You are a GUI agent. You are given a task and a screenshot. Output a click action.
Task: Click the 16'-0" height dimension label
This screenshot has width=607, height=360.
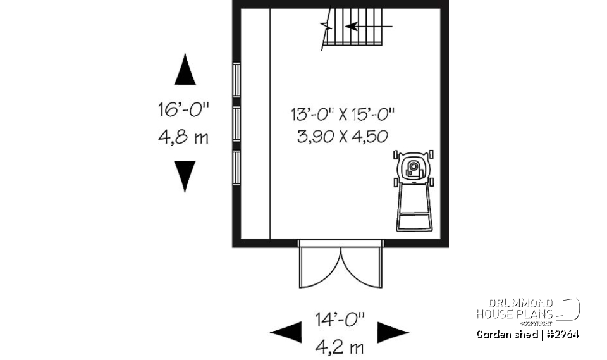[183, 111]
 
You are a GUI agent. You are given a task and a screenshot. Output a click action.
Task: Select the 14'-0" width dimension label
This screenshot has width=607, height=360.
[340, 320]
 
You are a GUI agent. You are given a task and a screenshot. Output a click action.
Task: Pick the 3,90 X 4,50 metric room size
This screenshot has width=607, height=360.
[342, 136]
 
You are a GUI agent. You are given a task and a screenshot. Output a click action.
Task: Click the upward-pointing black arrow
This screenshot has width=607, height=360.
[185, 70]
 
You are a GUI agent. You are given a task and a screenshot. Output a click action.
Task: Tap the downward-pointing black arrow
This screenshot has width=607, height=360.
[185, 176]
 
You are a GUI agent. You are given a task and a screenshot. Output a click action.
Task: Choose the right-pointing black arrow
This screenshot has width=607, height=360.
[393, 332]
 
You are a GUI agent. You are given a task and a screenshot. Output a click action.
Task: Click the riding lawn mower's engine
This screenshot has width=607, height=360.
[414, 168]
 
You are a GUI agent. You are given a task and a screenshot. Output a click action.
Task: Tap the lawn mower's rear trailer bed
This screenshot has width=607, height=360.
[415, 209]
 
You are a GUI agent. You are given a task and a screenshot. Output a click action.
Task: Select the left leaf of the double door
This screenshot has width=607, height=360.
[320, 266]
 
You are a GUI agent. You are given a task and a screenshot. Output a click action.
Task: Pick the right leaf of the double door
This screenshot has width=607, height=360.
[362, 266]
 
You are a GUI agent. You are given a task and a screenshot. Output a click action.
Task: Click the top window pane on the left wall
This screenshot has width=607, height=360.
[236, 80]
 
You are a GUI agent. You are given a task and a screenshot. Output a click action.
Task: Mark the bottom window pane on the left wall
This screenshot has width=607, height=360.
[236, 168]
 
